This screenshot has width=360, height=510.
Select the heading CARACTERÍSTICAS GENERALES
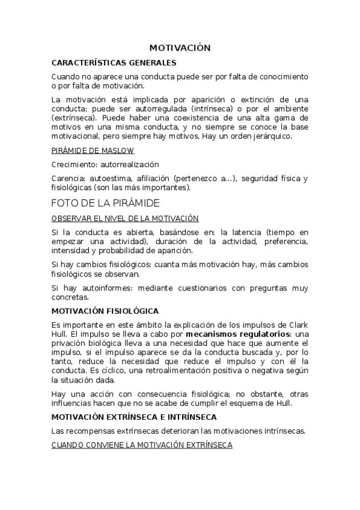(114, 62)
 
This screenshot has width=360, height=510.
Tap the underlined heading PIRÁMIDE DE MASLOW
(93, 150)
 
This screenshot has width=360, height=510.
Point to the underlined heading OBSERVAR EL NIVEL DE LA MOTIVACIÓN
(125, 218)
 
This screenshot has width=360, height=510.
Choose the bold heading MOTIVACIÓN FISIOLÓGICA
(105, 311)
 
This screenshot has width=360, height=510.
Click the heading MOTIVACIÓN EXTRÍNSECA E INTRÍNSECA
(134, 416)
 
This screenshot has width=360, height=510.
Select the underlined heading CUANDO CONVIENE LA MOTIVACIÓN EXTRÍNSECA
(141, 445)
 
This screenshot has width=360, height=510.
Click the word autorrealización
(125, 164)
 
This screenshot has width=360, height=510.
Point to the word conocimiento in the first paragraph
(281, 77)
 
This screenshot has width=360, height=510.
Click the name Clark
(297, 325)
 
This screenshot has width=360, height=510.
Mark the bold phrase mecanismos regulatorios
(238, 334)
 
